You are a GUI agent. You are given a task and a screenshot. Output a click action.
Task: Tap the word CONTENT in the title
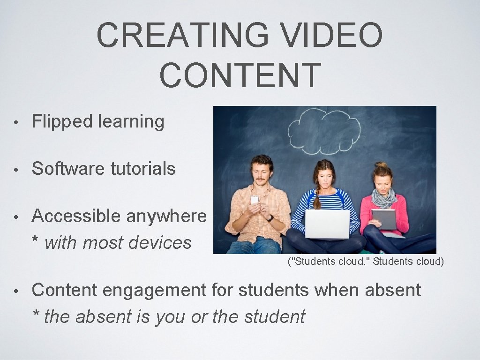tap(240, 75)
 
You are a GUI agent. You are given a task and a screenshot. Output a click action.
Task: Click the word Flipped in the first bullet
tap(62, 121)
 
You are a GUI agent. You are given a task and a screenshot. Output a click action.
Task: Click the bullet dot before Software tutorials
tap(16, 170)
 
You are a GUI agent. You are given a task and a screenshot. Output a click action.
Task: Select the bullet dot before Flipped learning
tap(16, 122)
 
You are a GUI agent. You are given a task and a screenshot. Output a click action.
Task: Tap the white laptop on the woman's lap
tap(327, 224)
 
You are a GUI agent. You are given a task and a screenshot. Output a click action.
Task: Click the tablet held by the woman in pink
tap(383, 219)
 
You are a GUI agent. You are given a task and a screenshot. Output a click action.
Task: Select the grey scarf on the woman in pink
tap(383, 199)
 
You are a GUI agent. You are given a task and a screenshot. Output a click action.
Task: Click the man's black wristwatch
tap(270, 218)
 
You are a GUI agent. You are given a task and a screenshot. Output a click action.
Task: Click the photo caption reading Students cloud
tap(365, 261)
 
